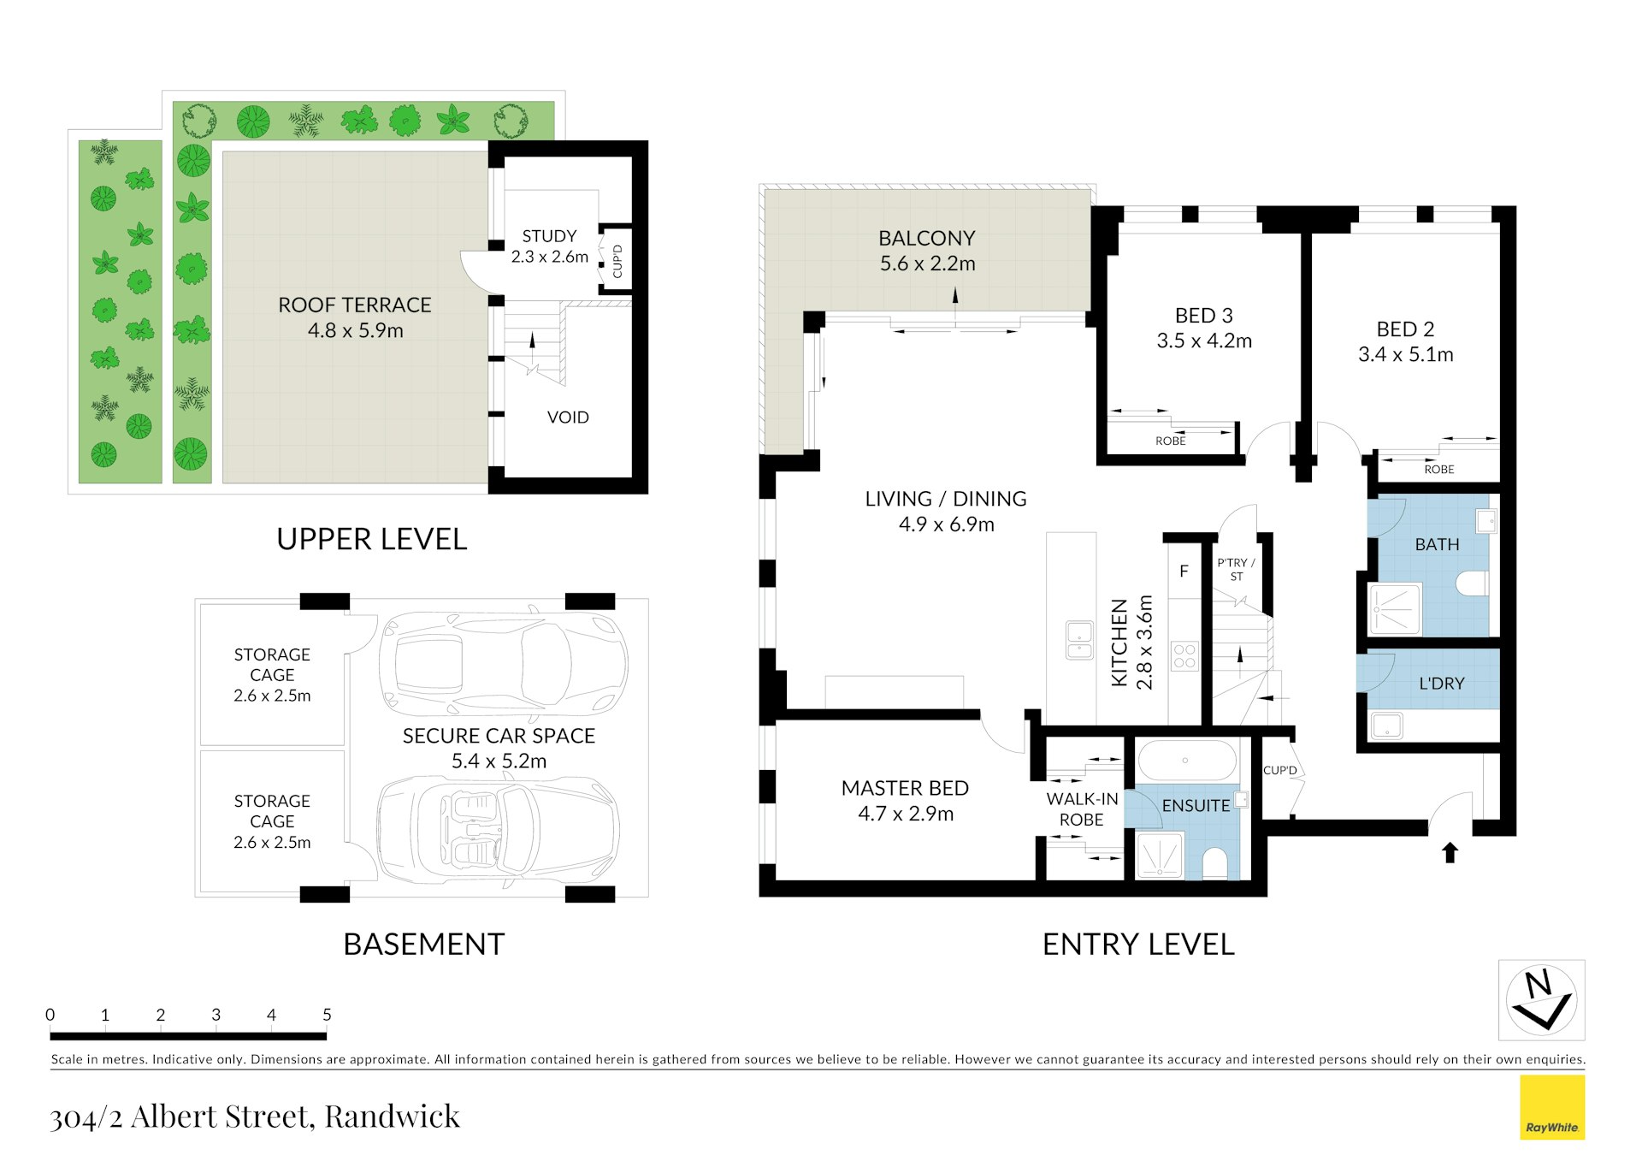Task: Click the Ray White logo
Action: tap(1552, 1107)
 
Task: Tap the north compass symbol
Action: tap(1541, 999)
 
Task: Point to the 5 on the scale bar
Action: tap(327, 1015)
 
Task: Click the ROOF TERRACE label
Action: tap(355, 305)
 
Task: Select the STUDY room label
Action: tap(549, 236)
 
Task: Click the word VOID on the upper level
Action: tap(568, 418)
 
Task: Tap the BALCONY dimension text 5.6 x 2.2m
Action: tap(928, 264)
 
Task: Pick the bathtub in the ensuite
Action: tap(1185, 761)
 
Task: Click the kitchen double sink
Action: tap(1079, 640)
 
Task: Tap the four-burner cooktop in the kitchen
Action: tap(1184, 656)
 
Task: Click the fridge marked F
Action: tap(1184, 571)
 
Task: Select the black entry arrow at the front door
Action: tap(1450, 852)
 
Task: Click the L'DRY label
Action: tap(1441, 684)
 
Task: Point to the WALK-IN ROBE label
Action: tap(1082, 809)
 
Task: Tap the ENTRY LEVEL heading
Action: tap(1138, 945)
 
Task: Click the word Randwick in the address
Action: tap(393, 1117)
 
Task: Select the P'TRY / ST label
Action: tap(1236, 570)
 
